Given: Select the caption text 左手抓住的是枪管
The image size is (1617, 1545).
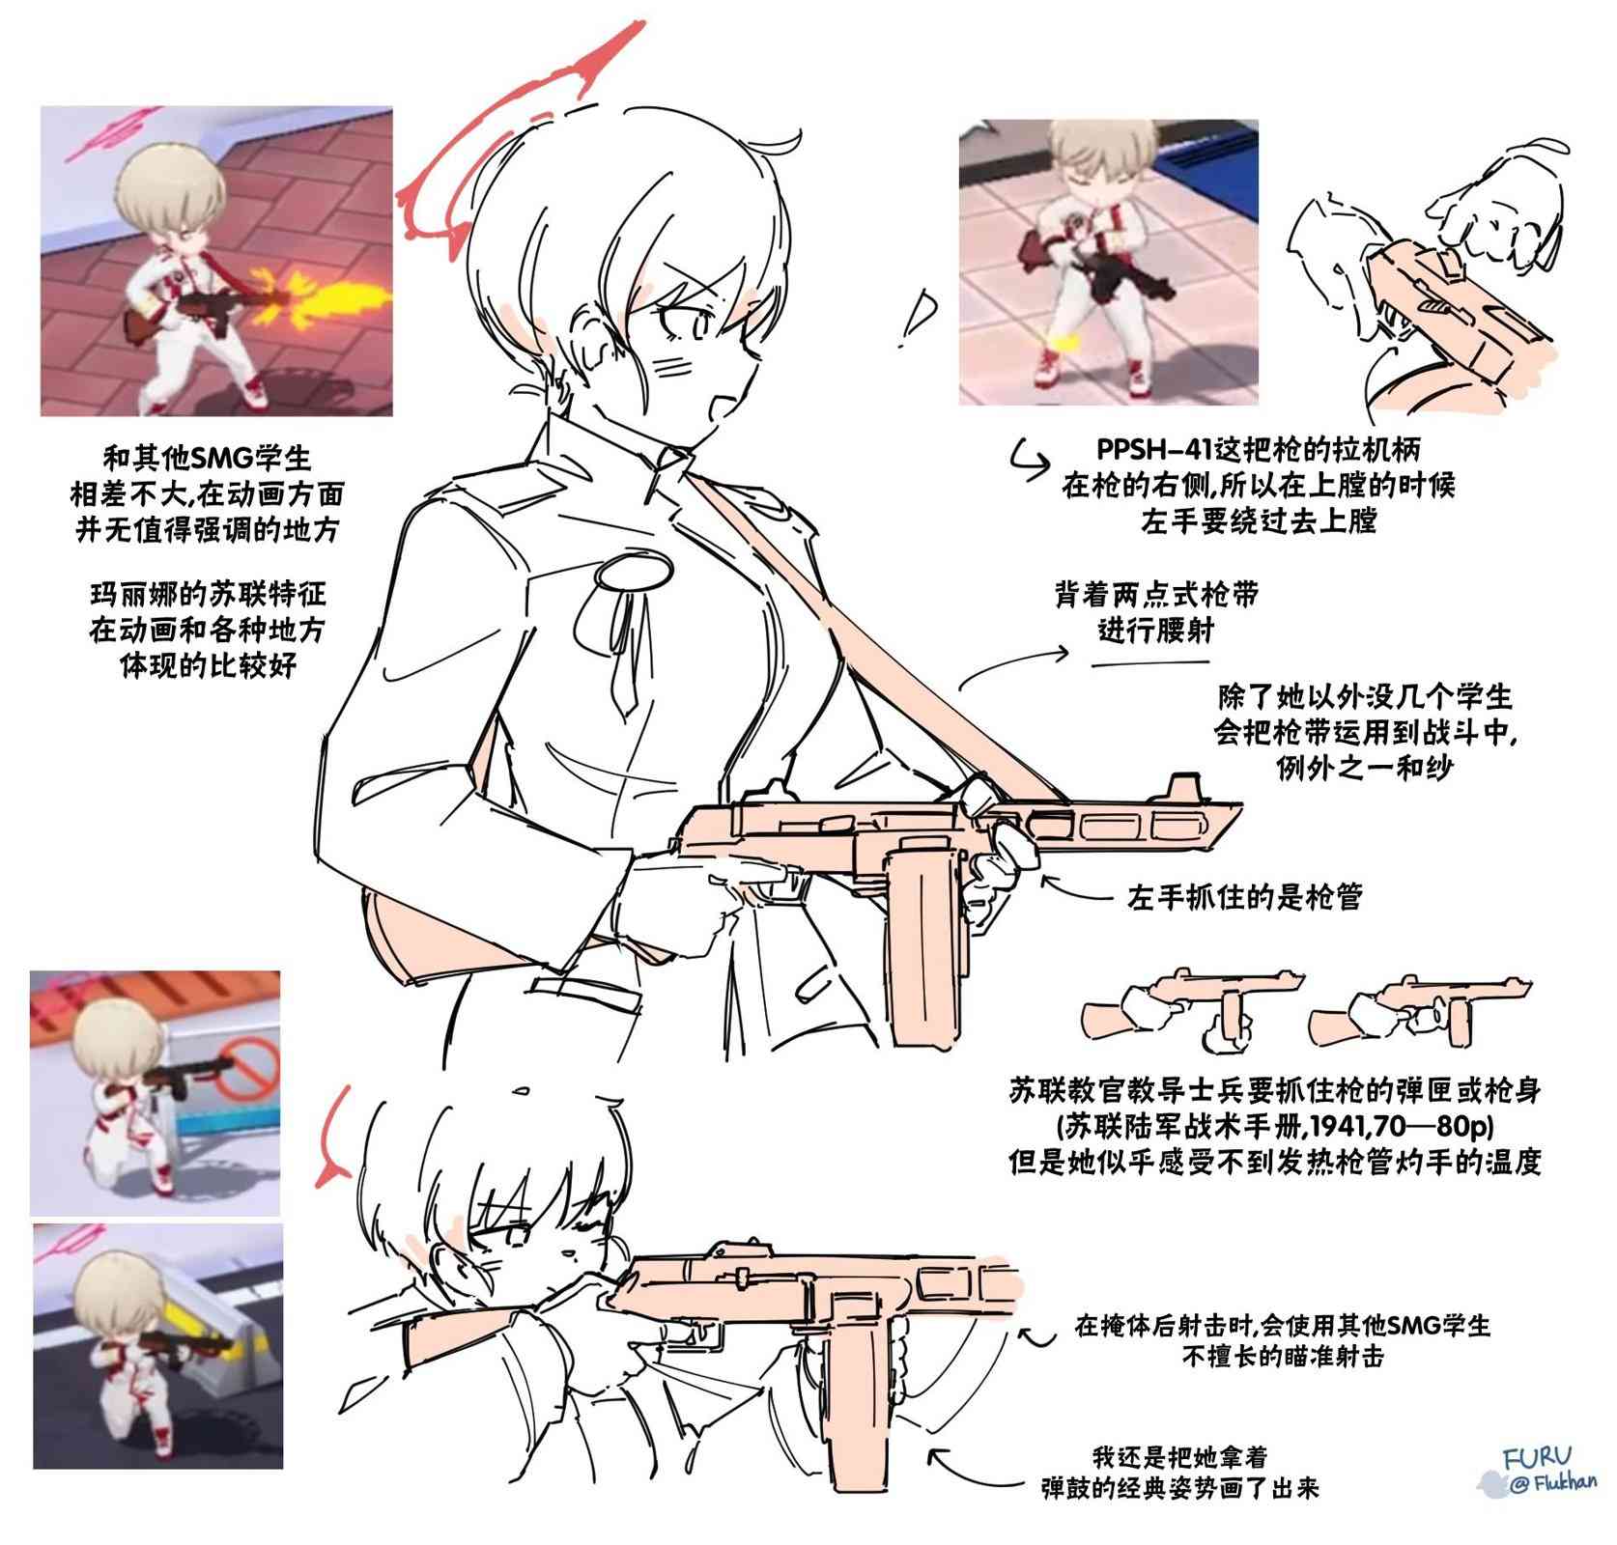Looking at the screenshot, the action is pos(1245,898).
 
